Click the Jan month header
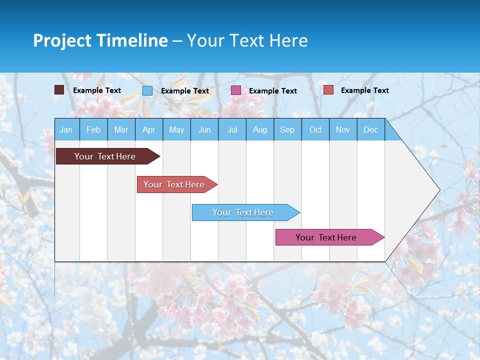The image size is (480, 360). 66,130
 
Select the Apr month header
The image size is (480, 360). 149,130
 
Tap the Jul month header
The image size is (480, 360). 232,130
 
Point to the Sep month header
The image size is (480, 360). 287,130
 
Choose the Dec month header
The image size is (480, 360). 370,130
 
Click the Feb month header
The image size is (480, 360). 93,130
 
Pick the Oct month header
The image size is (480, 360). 315,130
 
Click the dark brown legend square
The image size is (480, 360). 59,90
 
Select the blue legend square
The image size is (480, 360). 147,90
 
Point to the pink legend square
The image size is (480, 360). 236,90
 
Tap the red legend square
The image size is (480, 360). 328,90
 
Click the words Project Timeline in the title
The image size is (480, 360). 100,40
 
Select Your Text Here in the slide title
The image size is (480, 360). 247,40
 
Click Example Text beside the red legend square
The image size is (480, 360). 364,90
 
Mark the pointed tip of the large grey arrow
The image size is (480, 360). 439,190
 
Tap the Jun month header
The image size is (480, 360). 204,130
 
